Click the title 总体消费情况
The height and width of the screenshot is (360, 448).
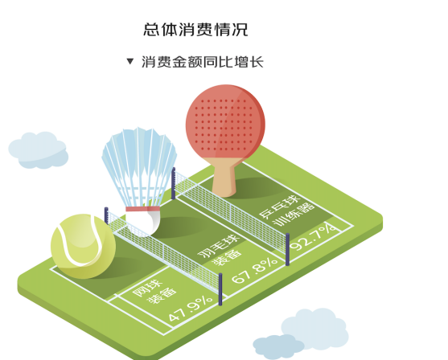point(195,30)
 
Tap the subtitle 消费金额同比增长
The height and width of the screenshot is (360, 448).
point(203,62)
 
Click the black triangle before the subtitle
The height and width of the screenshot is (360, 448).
point(130,61)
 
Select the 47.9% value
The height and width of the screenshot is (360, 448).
point(191,308)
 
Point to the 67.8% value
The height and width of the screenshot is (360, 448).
point(254,270)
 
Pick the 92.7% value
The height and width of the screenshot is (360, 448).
point(314,236)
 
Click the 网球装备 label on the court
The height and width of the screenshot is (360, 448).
point(154,292)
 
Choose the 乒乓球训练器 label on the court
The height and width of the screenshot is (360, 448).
point(286,210)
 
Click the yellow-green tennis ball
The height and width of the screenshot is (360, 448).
point(83,246)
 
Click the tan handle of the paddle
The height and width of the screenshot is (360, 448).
point(224,177)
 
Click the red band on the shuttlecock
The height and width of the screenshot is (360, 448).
point(142,209)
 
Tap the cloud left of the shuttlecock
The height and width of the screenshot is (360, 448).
point(39,150)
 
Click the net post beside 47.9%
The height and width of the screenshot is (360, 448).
point(220,289)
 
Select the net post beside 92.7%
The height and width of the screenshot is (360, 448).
point(288,249)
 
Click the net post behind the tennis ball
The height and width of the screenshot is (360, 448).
point(106,215)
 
